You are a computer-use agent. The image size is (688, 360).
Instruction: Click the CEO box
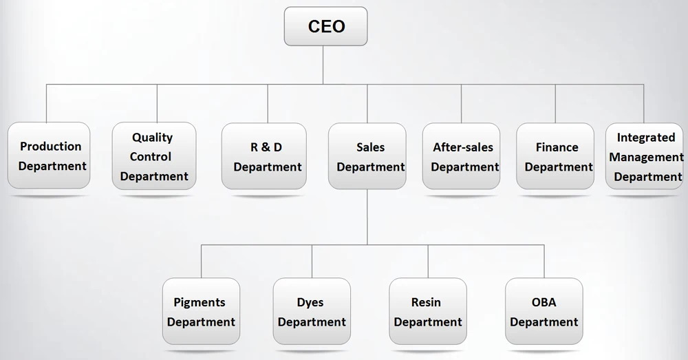coord(325,27)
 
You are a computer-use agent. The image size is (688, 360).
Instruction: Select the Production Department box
coord(50,156)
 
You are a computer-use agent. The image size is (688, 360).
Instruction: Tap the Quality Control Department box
coord(153,156)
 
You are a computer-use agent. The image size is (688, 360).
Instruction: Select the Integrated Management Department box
coord(645,156)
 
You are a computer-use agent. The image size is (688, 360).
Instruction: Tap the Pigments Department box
coord(201,311)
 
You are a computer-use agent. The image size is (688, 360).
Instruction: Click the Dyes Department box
coord(312,311)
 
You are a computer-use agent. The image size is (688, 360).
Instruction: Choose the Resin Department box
coord(427,311)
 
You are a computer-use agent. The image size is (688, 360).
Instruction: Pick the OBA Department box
coord(544,311)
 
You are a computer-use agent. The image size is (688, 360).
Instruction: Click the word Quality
coord(152,138)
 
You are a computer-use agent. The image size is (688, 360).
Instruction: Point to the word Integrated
coord(646,138)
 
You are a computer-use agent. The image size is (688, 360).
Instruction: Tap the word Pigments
coord(200,302)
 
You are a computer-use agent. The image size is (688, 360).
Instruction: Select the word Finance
coord(557,147)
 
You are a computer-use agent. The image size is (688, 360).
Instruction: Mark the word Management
coord(646,157)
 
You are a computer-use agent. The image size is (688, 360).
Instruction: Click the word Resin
coord(426,302)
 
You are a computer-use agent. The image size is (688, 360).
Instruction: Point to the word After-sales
coord(463,147)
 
